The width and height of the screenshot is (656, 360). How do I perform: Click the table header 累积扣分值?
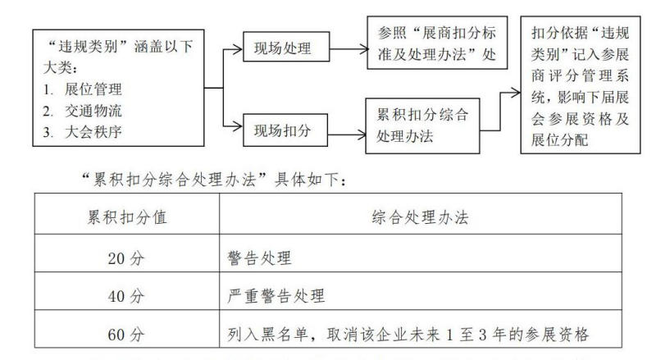pyautogui.click(x=126, y=219)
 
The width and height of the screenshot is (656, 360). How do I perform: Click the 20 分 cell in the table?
pyautogui.click(x=126, y=257)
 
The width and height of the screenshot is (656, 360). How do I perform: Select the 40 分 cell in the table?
pyautogui.click(x=126, y=296)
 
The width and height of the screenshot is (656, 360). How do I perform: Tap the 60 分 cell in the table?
pyautogui.click(x=126, y=334)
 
